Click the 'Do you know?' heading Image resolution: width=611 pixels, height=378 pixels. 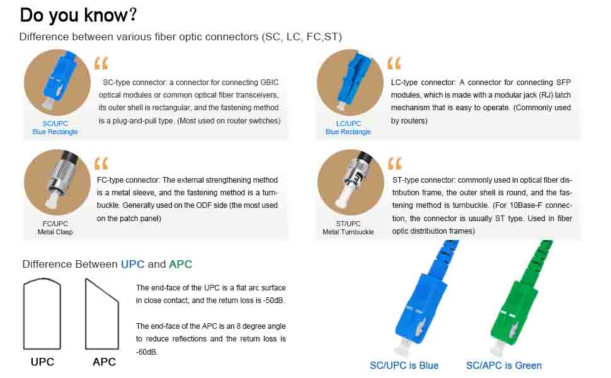click(x=78, y=15)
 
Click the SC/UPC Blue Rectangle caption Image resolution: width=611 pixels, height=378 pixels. click(x=55, y=127)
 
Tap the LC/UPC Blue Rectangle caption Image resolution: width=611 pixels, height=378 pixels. click(x=348, y=127)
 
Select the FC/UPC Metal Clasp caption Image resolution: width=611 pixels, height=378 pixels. click(x=55, y=227)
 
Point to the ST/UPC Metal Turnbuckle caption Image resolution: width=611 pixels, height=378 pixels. click(x=348, y=227)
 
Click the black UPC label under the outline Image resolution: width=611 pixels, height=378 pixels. click(x=42, y=362)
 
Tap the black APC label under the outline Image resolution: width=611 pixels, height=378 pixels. click(x=104, y=362)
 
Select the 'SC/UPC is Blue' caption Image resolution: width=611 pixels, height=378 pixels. click(x=404, y=365)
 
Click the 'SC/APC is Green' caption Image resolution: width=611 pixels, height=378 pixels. click(x=504, y=365)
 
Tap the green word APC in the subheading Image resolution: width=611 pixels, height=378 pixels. click(x=180, y=264)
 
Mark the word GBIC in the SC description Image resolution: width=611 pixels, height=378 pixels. click(x=268, y=83)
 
